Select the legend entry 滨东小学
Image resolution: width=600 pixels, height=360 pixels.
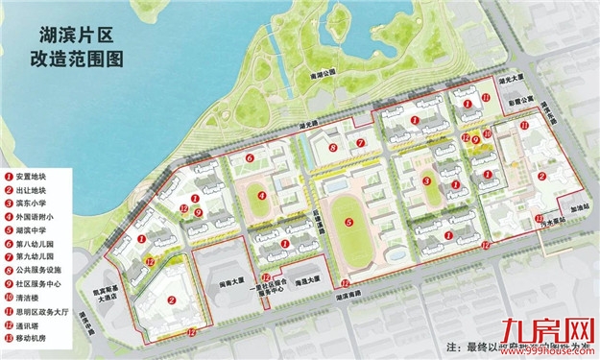pos(36,204)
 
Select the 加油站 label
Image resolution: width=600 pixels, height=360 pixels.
pos(576,206)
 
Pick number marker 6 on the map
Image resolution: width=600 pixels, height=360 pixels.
pos(250,157)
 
